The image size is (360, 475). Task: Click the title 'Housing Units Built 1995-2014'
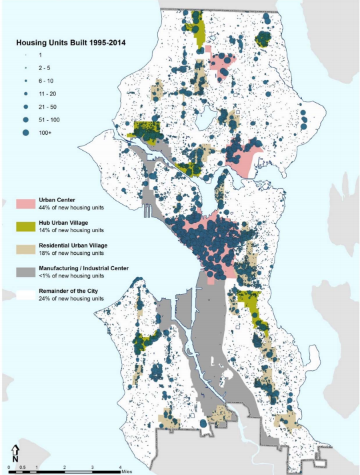[x=71, y=43]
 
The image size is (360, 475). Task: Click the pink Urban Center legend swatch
[x=27, y=203]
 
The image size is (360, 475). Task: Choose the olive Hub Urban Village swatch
[x=27, y=226]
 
